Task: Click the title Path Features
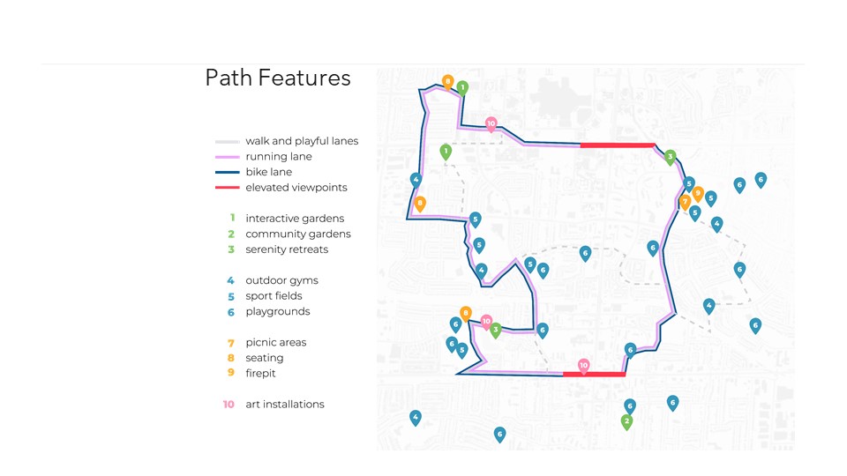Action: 278,78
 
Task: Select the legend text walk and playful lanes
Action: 302,141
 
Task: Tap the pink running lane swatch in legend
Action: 228,157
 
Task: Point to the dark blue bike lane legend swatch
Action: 228,172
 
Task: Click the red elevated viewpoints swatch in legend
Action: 228,188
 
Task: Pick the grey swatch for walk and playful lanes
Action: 228,141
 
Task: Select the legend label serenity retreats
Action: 286,249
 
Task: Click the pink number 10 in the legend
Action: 229,405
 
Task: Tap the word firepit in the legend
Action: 260,374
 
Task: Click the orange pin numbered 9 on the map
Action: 698,193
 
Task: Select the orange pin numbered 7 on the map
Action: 685,203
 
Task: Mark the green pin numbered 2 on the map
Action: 626,421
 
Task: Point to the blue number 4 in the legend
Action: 231,280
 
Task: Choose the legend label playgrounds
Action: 277,312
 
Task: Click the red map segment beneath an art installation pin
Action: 594,375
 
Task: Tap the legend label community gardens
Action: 297,234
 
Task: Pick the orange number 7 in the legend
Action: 231,343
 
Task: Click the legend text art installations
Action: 284,405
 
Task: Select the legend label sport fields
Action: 274,296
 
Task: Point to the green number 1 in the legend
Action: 231,219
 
